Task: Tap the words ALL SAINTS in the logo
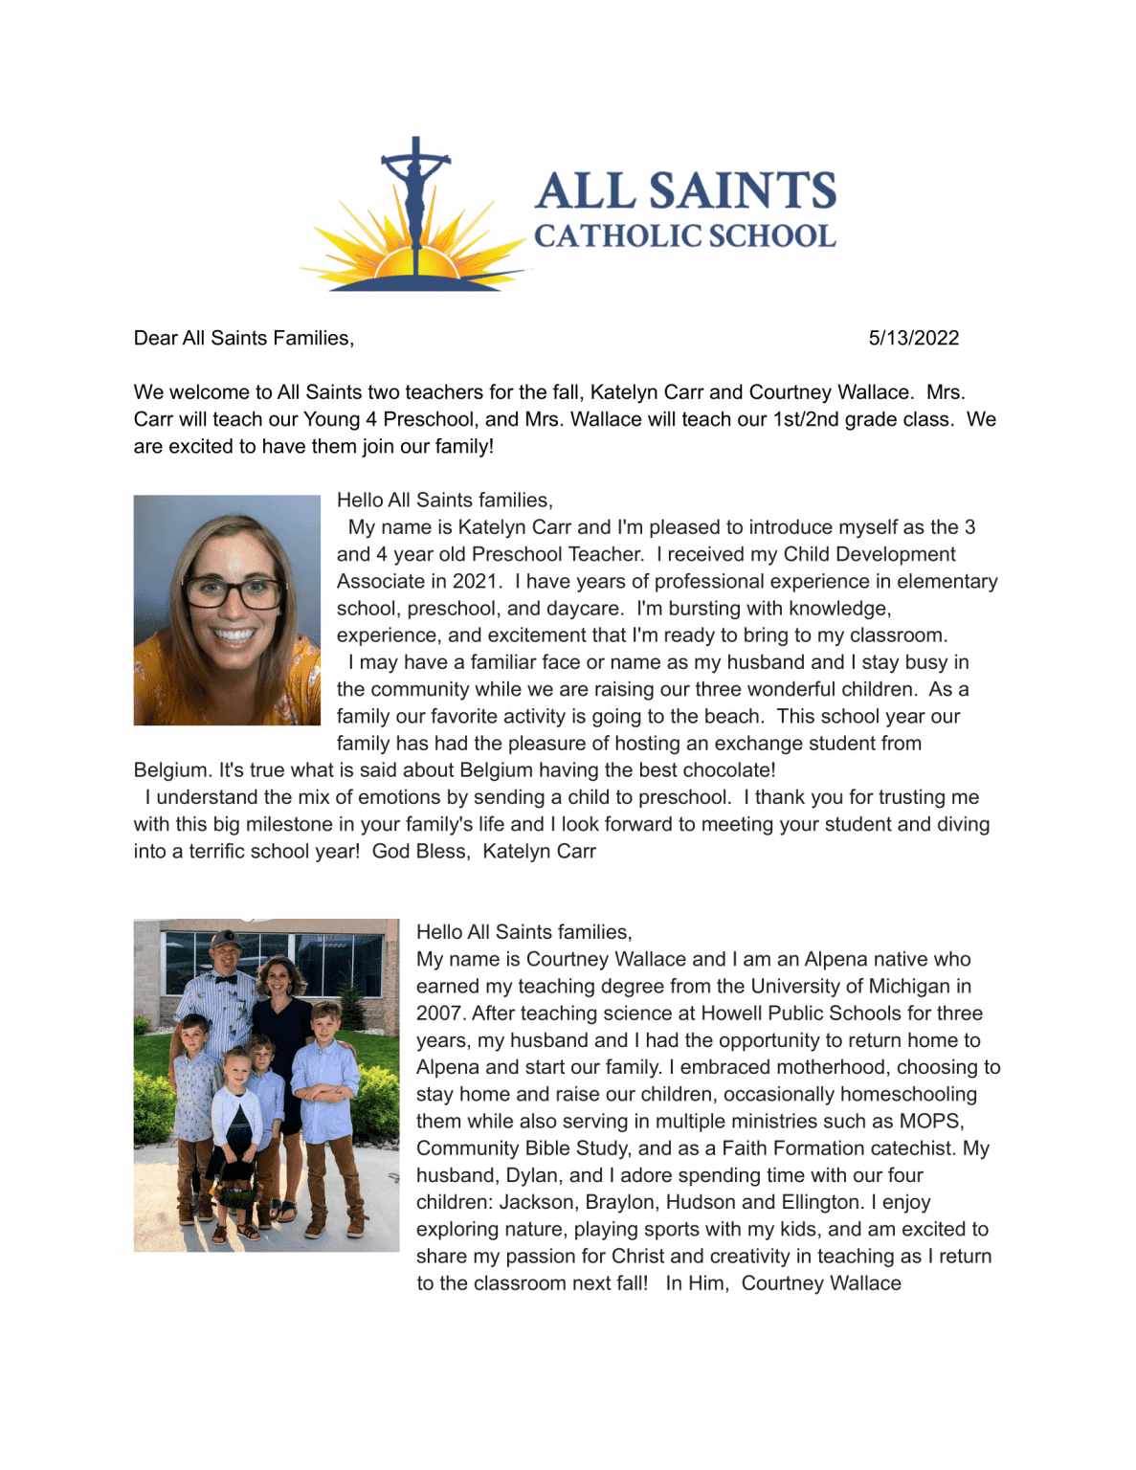(685, 190)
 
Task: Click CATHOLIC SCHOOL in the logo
(685, 235)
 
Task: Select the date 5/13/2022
(913, 338)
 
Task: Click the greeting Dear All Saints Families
(243, 338)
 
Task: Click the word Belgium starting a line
(171, 770)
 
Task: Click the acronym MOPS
(930, 1122)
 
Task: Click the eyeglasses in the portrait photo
(233, 592)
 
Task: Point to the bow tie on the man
(225, 978)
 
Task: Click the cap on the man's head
(226, 939)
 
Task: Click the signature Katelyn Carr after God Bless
(539, 852)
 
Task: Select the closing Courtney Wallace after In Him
(821, 1283)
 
